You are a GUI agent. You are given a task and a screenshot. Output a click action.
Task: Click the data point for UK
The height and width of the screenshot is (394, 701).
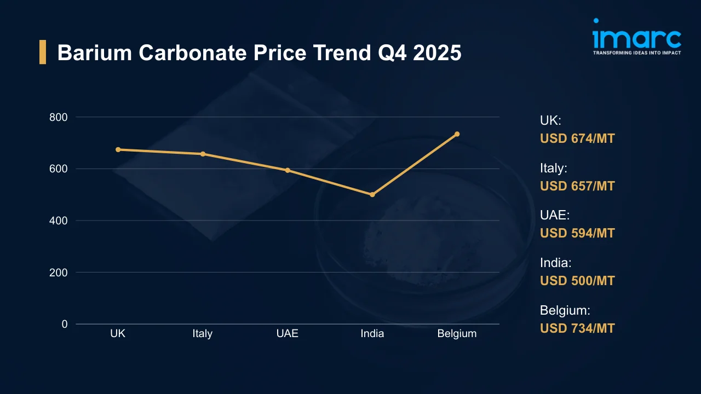(118, 149)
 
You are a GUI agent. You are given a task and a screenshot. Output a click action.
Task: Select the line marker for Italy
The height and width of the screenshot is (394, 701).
(203, 154)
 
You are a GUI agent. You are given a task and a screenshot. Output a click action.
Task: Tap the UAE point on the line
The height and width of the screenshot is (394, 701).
(288, 170)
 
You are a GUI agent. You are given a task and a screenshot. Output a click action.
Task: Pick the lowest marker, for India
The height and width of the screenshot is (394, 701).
(372, 194)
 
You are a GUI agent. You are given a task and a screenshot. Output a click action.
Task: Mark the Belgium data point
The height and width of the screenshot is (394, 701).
(457, 134)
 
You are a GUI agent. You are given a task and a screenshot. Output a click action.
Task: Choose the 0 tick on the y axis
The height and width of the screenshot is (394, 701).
(65, 324)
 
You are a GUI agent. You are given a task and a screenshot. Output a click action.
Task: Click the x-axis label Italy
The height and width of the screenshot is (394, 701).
(203, 334)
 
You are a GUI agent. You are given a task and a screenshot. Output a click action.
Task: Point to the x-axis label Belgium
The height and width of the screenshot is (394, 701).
(457, 334)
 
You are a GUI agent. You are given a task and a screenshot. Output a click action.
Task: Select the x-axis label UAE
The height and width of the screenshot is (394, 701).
(288, 334)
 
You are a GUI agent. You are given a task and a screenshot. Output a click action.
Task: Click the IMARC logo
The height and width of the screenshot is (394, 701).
(637, 37)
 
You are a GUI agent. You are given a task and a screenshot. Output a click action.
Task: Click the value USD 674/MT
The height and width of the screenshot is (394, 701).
(577, 138)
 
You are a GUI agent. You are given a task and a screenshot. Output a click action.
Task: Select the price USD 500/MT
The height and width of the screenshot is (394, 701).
(577, 281)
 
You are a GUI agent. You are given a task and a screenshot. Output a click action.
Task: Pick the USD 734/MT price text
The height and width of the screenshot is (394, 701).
(577, 328)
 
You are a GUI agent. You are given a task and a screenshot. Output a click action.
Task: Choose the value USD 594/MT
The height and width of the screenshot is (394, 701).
(577, 233)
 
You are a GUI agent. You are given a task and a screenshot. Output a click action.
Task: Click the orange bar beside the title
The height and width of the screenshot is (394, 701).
(43, 53)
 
